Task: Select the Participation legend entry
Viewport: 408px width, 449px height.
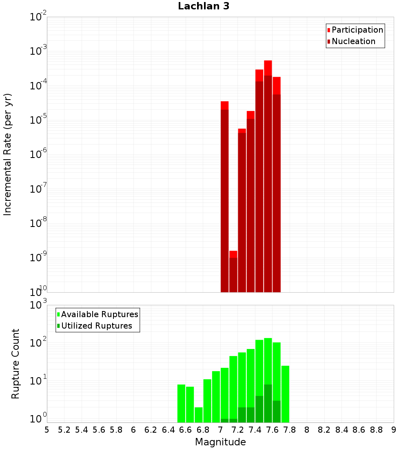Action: [x=357, y=30]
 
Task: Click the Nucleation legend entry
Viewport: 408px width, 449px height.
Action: [x=353, y=41]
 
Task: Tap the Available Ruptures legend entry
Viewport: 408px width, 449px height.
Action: [x=100, y=314]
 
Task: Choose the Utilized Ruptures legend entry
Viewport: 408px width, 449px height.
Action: [x=96, y=326]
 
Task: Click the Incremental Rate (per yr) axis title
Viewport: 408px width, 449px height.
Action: [x=8, y=154]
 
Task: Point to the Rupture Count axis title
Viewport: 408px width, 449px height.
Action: [x=16, y=363]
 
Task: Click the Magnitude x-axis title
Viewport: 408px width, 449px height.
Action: [x=220, y=442]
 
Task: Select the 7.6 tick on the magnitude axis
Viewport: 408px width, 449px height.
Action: [x=272, y=430]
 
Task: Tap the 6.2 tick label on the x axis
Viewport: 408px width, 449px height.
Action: [x=151, y=430]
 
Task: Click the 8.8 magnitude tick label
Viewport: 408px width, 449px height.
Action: [x=376, y=430]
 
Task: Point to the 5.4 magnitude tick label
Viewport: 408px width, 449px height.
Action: [x=82, y=430]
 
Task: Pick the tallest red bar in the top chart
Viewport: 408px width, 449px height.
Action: [x=268, y=176]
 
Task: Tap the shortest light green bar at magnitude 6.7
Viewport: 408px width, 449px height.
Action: [x=199, y=414]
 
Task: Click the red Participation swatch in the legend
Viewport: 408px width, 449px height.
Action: [x=328, y=30]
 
